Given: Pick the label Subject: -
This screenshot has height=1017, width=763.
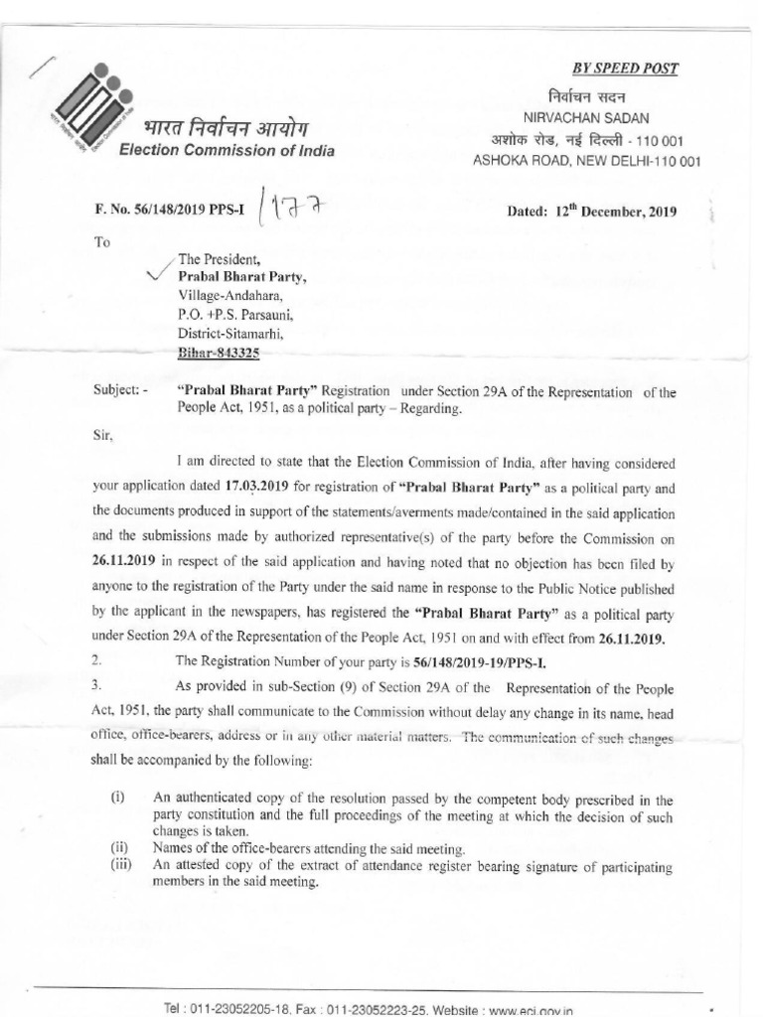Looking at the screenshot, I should [120, 392].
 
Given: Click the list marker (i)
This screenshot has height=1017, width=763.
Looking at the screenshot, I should [120, 798].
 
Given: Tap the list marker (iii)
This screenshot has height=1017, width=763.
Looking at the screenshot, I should [122, 864].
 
